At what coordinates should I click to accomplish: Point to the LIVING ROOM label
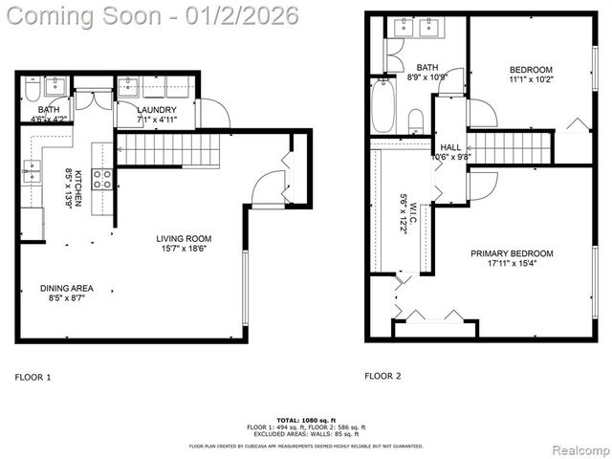point(184,244)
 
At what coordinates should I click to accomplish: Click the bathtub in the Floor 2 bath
point(382,105)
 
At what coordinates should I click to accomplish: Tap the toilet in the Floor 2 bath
point(416,120)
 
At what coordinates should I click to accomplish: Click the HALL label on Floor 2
point(450,153)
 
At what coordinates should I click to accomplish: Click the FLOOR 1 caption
point(33,378)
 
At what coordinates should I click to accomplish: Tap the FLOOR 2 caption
point(382,376)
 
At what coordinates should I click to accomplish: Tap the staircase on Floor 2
point(513,148)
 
